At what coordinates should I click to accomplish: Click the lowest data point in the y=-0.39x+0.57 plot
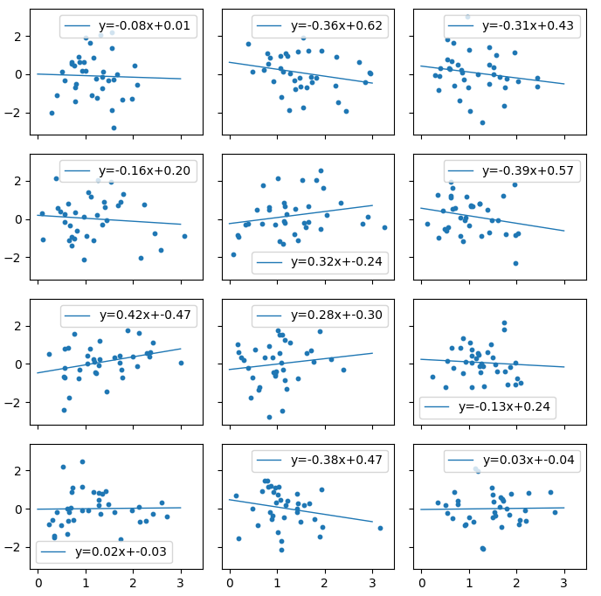coord(515,263)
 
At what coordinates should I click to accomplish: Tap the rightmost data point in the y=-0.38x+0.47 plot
coord(380,528)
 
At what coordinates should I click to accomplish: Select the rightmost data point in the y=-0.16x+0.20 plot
coord(184,236)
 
